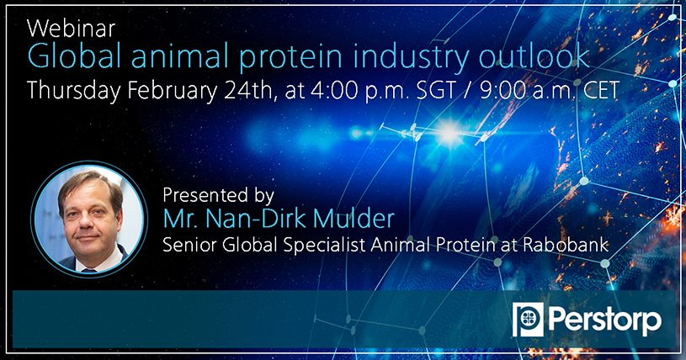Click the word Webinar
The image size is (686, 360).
point(71,29)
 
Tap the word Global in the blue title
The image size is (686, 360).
point(74,56)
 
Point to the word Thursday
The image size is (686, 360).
point(73,92)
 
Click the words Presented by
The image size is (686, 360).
point(218,195)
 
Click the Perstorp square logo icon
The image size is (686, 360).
point(528,320)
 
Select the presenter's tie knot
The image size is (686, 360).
point(89,271)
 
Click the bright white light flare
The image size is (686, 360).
point(449,133)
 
